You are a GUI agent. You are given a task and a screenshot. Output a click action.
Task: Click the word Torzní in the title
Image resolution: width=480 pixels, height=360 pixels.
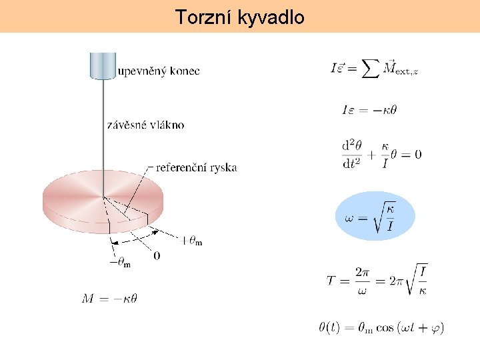coord(203,17)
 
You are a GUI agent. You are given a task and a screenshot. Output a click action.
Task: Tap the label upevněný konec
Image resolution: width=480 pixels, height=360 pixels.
coord(158,71)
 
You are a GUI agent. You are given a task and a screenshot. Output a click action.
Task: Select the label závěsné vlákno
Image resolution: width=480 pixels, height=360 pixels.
coord(146,125)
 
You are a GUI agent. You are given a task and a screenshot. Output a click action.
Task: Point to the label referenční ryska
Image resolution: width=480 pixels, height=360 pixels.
coord(196,167)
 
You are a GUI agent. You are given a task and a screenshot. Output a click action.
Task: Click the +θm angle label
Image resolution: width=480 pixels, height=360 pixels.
coord(191,241)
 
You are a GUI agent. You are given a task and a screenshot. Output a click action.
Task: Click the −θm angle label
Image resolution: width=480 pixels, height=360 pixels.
coord(120,262)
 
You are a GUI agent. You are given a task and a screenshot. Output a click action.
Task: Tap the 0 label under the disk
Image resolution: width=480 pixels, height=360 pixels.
coord(157,255)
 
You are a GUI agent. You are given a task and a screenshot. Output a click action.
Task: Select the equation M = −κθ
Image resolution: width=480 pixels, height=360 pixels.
coord(109,299)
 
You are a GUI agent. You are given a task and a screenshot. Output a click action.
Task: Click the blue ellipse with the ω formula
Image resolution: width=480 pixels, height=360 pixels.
coord(375,215)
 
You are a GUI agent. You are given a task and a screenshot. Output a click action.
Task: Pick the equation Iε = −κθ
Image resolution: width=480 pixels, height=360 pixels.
coord(369,110)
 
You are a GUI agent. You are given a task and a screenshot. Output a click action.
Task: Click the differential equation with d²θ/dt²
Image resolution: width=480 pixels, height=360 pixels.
coord(381,154)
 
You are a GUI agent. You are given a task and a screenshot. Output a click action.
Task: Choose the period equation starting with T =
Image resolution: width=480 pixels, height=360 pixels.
coord(377,279)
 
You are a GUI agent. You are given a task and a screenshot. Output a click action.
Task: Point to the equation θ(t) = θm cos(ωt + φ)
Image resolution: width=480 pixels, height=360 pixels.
coord(381,327)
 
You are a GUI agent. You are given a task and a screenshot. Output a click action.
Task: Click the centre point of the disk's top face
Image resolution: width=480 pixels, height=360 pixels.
coord(103,197)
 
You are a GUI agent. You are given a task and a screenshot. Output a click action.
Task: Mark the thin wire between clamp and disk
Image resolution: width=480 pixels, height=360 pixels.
coord(103,133)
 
